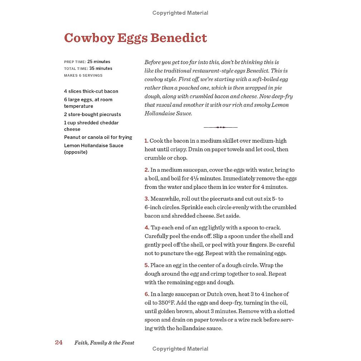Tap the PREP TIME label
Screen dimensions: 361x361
coord(75,62)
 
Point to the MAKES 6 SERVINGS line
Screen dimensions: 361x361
coord(83,76)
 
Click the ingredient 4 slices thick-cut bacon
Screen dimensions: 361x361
coord(91,91)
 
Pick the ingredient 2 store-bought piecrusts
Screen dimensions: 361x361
coord(92,114)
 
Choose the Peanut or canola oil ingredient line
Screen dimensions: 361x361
coord(98,137)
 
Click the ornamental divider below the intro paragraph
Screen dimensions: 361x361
coord(220,127)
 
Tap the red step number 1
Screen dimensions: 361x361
coord(146,141)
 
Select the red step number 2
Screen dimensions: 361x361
coord(147,170)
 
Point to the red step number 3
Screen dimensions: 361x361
coord(147,199)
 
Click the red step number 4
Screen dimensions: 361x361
coord(147,228)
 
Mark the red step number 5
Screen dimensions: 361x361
coord(147,265)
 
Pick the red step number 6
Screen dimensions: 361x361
coord(147,294)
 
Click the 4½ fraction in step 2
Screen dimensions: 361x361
coord(203,179)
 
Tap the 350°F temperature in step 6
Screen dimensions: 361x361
coord(165,303)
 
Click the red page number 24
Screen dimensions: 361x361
coord(59,342)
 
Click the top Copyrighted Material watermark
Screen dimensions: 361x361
coord(180,13)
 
